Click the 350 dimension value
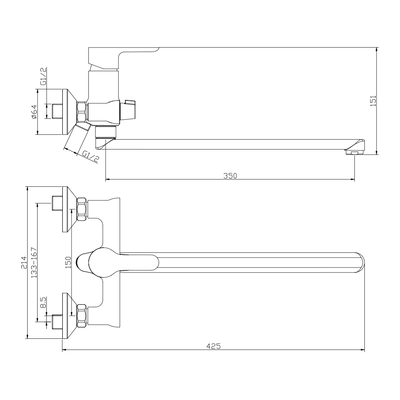230,176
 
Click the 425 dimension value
213,346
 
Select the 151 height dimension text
373,101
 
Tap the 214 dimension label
24,262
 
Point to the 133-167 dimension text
34,262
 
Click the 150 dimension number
68,262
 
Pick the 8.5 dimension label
43,302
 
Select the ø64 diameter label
34,112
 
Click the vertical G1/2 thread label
43,76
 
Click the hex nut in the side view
82,111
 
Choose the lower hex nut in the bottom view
82,316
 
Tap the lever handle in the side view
124,58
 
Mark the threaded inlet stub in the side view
57,111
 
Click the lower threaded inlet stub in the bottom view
57,322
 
